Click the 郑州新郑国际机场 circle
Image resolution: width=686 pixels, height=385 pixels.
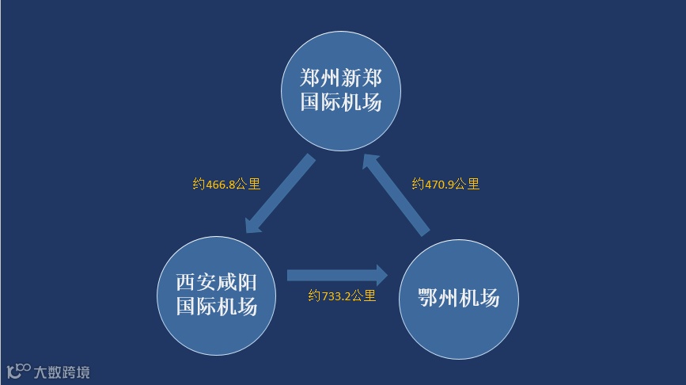[342, 91]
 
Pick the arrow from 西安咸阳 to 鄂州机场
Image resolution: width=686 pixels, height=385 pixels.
[336, 276]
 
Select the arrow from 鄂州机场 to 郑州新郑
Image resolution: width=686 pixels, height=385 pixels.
[396, 194]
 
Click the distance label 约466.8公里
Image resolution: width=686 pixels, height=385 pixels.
[226, 184]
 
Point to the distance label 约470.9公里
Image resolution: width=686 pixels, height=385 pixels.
[445, 184]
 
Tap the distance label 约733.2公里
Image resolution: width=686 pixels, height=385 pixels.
[342, 297]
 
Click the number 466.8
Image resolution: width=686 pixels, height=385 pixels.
[221, 184]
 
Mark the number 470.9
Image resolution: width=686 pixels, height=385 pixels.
[440, 184]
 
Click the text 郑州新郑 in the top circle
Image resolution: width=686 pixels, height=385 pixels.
[342, 78]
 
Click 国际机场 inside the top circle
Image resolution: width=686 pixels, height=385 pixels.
[342, 103]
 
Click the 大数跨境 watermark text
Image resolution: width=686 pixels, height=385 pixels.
[62, 372]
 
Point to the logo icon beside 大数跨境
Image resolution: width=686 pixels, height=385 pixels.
[18, 371]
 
